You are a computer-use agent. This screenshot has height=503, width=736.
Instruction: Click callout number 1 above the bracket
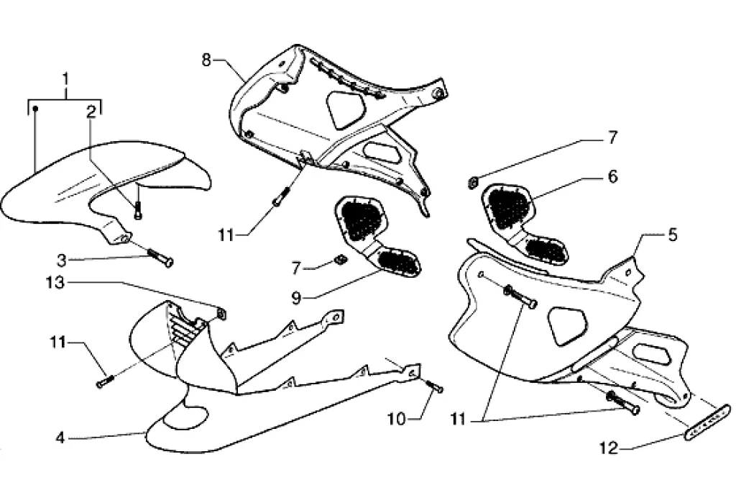click(65, 79)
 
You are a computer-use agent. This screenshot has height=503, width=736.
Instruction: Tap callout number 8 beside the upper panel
click(206, 60)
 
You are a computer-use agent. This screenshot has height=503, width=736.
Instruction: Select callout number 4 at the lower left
click(60, 438)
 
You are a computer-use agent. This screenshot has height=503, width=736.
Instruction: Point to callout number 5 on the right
click(673, 235)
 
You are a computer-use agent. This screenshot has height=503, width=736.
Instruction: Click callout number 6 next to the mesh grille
click(612, 177)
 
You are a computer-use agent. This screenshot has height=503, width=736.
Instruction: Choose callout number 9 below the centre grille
click(295, 298)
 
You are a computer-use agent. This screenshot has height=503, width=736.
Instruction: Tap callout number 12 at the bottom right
click(609, 448)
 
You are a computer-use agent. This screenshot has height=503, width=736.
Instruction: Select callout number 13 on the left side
click(55, 283)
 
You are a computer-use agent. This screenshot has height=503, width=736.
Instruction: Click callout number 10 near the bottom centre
click(397, 419)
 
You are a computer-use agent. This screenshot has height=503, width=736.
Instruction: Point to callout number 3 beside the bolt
click(62, 260)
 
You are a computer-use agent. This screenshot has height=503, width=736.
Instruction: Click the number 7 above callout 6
click(612, 138)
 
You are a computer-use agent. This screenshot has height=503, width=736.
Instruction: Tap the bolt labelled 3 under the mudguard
click(160, 258)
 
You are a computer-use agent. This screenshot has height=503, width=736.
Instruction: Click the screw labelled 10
click(434, 386)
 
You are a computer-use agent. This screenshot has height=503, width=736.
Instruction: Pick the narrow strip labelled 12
click(709, 422)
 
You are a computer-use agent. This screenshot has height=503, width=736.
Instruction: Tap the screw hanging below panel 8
click(278, 196)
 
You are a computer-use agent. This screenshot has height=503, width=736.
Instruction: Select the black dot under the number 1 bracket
click(35, 109)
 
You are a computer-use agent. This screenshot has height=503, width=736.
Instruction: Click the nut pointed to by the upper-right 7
click(474, 181)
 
